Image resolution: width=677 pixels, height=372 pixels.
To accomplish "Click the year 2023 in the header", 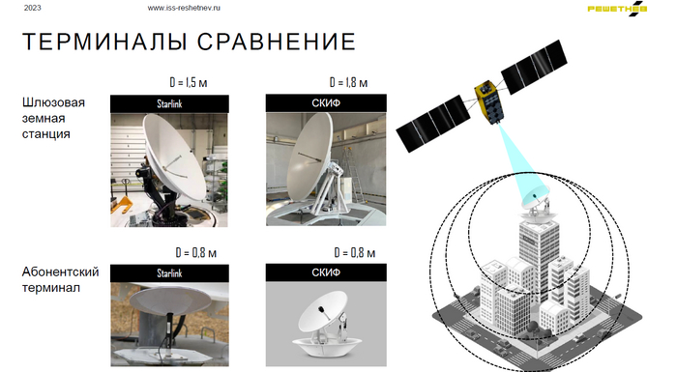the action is coord(32,8).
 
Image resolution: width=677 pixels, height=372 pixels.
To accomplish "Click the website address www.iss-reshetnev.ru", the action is coord(184,8).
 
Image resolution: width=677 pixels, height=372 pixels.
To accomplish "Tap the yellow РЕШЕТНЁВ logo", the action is coord(617,9).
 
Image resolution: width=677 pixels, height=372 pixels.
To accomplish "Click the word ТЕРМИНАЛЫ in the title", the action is coord(104,42).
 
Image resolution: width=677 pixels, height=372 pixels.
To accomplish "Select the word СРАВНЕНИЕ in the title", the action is coord(277,42).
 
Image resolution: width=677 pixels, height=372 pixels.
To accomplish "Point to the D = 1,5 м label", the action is coord(189,82).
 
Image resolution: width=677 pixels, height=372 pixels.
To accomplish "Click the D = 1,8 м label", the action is coord(348,82).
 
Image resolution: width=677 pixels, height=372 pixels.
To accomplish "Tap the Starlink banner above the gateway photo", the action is coord(169,104).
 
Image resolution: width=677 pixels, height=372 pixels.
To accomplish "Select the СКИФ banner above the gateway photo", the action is coord(326,103).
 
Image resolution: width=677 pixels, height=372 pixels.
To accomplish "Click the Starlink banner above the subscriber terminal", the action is coord(169,273).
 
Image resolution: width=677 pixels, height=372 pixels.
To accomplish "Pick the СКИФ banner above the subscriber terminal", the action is coord(326,272).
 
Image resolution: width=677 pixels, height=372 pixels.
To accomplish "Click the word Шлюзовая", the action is coord(53,102).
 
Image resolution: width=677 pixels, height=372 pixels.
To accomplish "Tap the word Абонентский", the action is coord(60,272).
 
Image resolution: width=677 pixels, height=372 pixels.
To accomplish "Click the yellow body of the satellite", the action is coord(488,101).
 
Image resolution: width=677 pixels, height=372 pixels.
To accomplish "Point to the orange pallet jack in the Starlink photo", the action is coord(122,204).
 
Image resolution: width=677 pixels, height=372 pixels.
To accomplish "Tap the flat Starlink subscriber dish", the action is coord(170,300).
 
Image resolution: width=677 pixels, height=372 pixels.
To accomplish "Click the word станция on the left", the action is coord(45,134).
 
